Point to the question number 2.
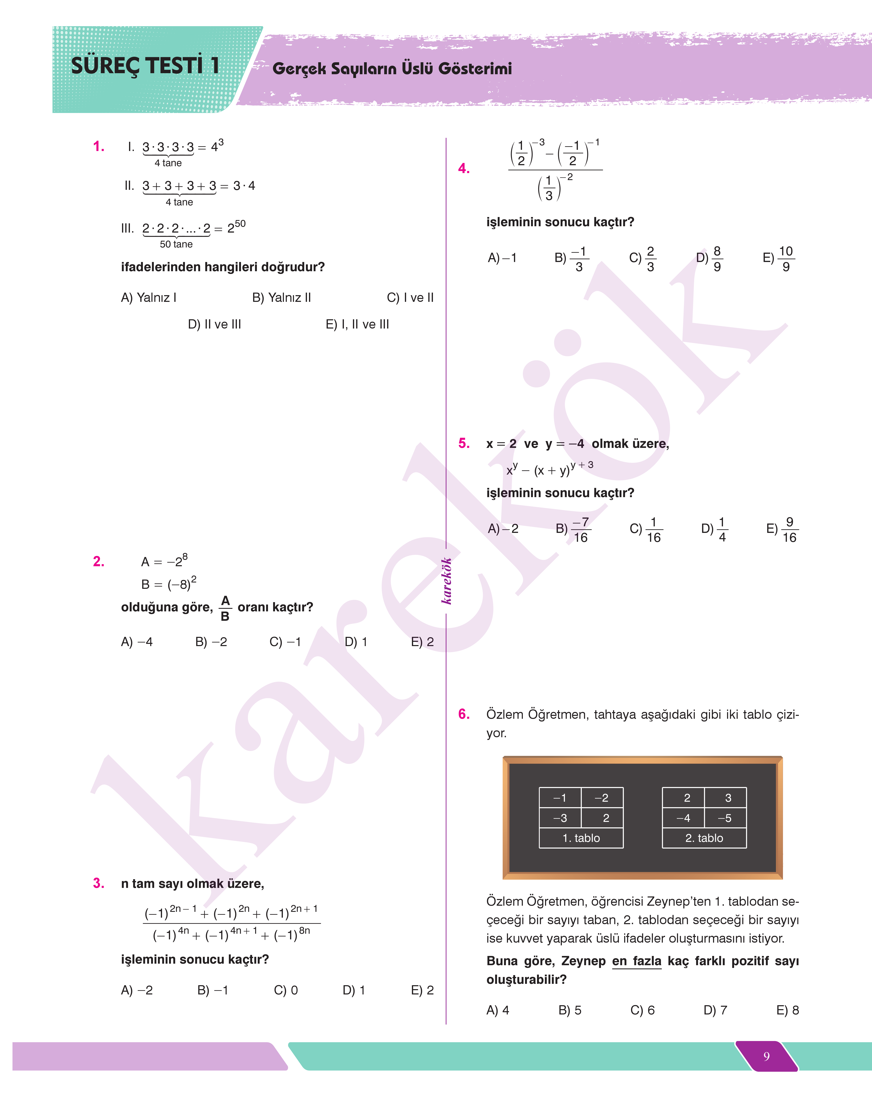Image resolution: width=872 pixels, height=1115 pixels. coord(99,562)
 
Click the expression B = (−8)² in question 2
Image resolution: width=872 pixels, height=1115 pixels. coord(169,583)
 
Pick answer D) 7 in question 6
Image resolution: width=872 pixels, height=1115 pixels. coord(715,1010)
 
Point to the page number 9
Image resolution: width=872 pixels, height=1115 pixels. coord(766,1056)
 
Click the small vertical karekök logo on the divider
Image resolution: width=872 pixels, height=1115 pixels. coord(447,581)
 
